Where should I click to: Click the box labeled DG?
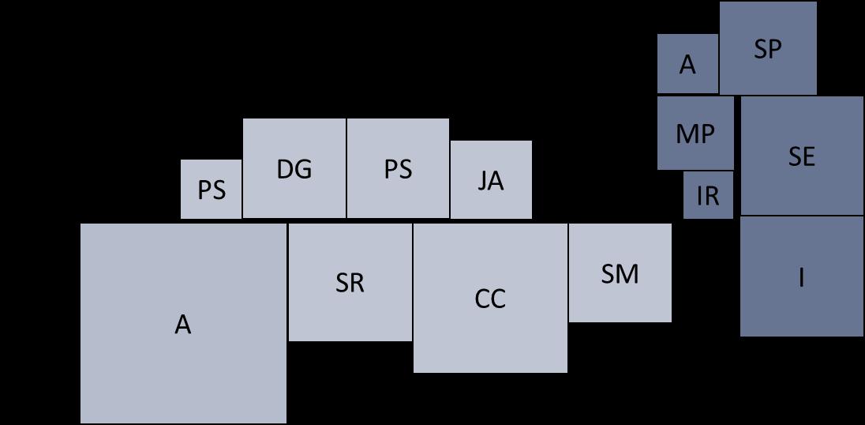pyautogui.click(x=294, y=168)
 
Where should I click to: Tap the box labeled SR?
pyautogui.click(x=350, y=282)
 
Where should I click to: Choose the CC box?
pyautogui.click(x=490, y=298)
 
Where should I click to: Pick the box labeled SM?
pyautogui.click(x=620, y=273)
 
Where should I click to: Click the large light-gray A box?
pyautogui.click(x=183, y=323)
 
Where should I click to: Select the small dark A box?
pyautogui.click(x=687, y=64)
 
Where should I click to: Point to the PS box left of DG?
pyautogui.click(x=212, y=190)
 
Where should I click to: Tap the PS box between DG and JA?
pyautogui.click(x=398, y=168)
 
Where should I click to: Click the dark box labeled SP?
pyautogui.click(x=768, y=48)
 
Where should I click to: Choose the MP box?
pyautogui.click(x=695, y=133)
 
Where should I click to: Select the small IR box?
pyautogui.click(x=708, y=194)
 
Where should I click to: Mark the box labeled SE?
pyautogui.click(x=801, y=156)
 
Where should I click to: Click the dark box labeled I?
pyautogui.click(x=801, y=276)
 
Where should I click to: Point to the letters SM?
pyautogui.click(x=620, y=273)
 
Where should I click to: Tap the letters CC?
pyautogui.click(x=490, y=299)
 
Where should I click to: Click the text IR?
pyautogui.click(x=708, y=195)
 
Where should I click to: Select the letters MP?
pyautogui.click(x=695, y=134)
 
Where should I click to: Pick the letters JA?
pyautogui.click(x=491, y=181)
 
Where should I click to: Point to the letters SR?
pyautogui.click(x=350, y=283)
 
